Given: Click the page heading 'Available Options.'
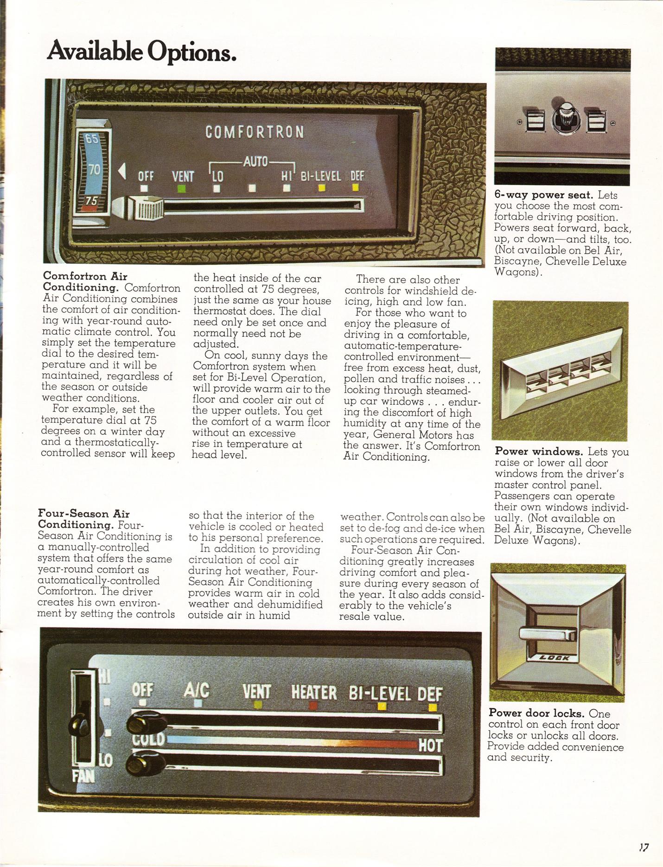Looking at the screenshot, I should [x=141, y=51].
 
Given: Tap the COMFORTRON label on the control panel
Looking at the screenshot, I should [x=255, y=132].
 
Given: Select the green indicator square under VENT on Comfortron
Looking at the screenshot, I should [x=182, y=189].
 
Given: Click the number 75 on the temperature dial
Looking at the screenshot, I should [x=91, y=200].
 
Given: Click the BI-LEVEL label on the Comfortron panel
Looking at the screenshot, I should [x=321, y=176].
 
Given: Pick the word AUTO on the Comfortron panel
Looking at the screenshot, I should [x=255, y=162].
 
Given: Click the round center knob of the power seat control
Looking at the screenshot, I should [x=563, y=117].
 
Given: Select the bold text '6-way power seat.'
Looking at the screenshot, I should [x=544, y=195].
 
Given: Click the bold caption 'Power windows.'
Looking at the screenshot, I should [x=539, y=451].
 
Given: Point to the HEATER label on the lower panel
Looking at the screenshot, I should [x=314, y=692].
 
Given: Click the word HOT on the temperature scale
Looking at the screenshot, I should [x=430, y=746].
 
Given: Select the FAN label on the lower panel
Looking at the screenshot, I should [x=83, y=776].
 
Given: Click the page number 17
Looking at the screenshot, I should [x=644, y=847].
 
